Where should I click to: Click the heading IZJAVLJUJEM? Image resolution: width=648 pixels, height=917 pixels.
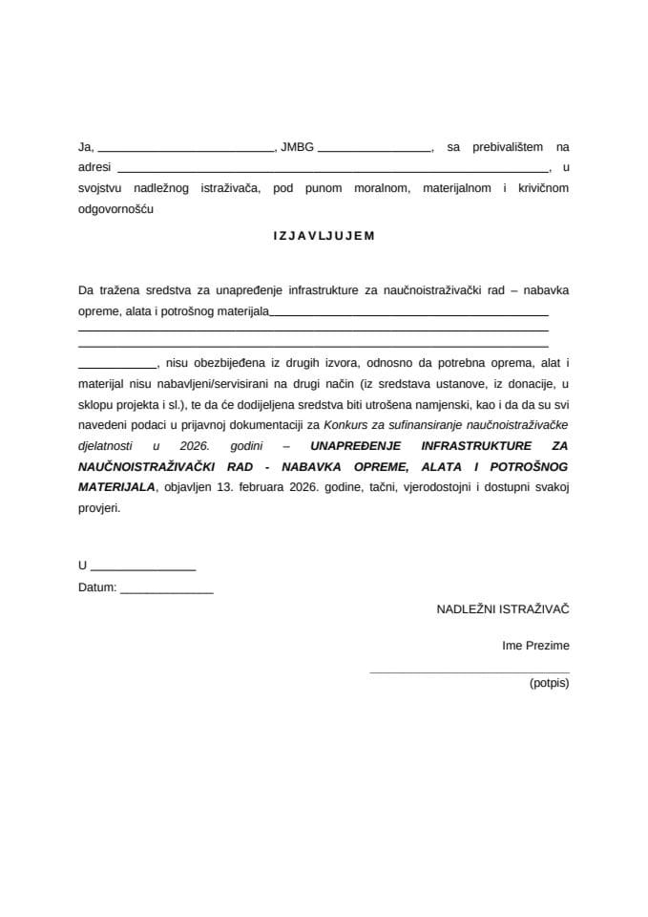[324, 236]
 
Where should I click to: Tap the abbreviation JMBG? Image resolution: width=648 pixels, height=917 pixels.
[296, 147]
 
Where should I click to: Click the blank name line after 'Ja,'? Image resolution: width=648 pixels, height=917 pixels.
[186, 151]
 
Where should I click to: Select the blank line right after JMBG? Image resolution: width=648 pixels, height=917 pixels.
[374, 151]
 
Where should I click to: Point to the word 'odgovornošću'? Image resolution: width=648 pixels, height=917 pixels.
[115, 208]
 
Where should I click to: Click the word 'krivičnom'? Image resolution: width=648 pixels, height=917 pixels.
[543, 188]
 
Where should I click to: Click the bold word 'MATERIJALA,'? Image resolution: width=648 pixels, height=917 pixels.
[116, 486]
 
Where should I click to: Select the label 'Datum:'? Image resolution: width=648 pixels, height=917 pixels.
[97, 588]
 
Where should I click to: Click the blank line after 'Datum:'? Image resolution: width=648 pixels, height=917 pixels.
[167, 592]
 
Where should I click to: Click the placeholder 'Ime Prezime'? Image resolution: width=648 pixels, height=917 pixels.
[535, 646]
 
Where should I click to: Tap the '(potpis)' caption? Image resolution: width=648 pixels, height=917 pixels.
[549, 683]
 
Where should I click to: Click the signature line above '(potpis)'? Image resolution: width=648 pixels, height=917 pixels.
[469, 672]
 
